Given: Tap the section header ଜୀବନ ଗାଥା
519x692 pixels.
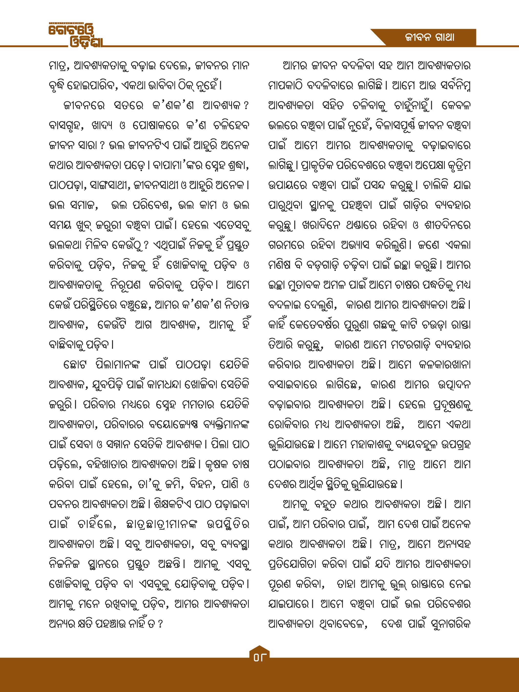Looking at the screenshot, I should (429, 38).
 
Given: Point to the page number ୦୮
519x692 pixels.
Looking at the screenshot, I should (259, 657).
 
